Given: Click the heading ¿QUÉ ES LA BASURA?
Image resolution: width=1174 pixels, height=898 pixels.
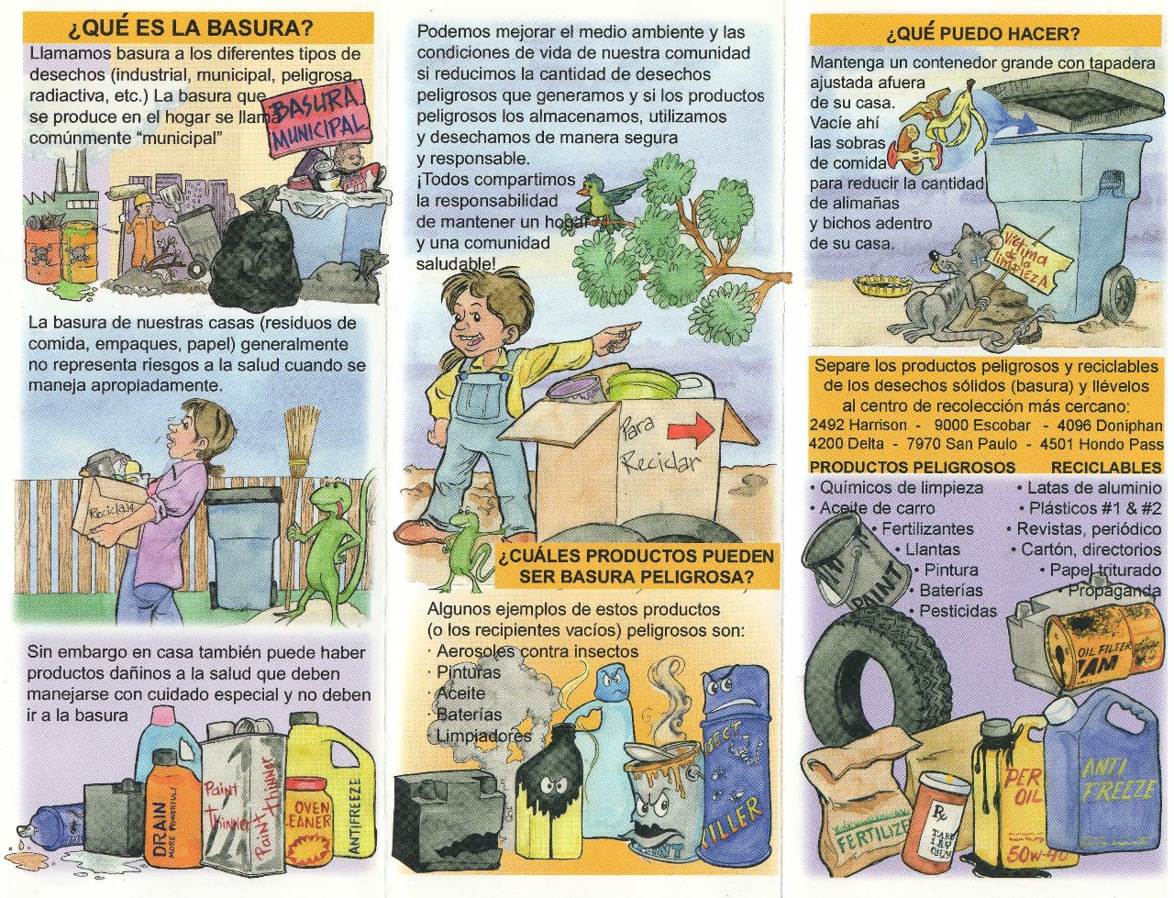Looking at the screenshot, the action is (x=191, y=28).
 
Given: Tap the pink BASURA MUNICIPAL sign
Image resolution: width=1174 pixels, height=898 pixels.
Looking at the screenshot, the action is (x=319, y=118).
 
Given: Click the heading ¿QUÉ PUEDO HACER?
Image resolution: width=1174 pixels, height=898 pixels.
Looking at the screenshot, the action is (x=983, y=34).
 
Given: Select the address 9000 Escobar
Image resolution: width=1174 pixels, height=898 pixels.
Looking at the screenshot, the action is (x=982, y=426).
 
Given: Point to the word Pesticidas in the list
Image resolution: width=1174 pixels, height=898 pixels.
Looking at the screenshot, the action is (x=958, y=611).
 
